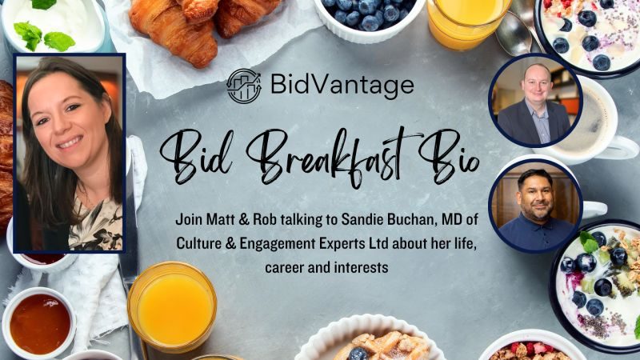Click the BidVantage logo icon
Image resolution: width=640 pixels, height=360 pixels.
(x=244, y=86)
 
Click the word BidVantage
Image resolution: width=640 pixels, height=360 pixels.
(x=342, y=85)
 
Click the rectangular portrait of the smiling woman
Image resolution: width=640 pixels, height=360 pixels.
(x=70, y=153)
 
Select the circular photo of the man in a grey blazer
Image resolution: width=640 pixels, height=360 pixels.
(x=534, y=100)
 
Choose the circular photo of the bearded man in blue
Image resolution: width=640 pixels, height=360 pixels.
(x=535, y=206)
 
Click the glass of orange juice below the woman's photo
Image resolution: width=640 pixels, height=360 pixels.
(x=172, y=306)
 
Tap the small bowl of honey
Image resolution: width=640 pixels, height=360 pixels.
(x=39, y=323)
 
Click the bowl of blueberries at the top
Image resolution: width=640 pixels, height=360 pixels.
(x=370, y=16)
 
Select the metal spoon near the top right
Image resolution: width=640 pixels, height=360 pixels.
(x=514, y=34)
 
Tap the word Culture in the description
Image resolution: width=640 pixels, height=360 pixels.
(x=194, y=244)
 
